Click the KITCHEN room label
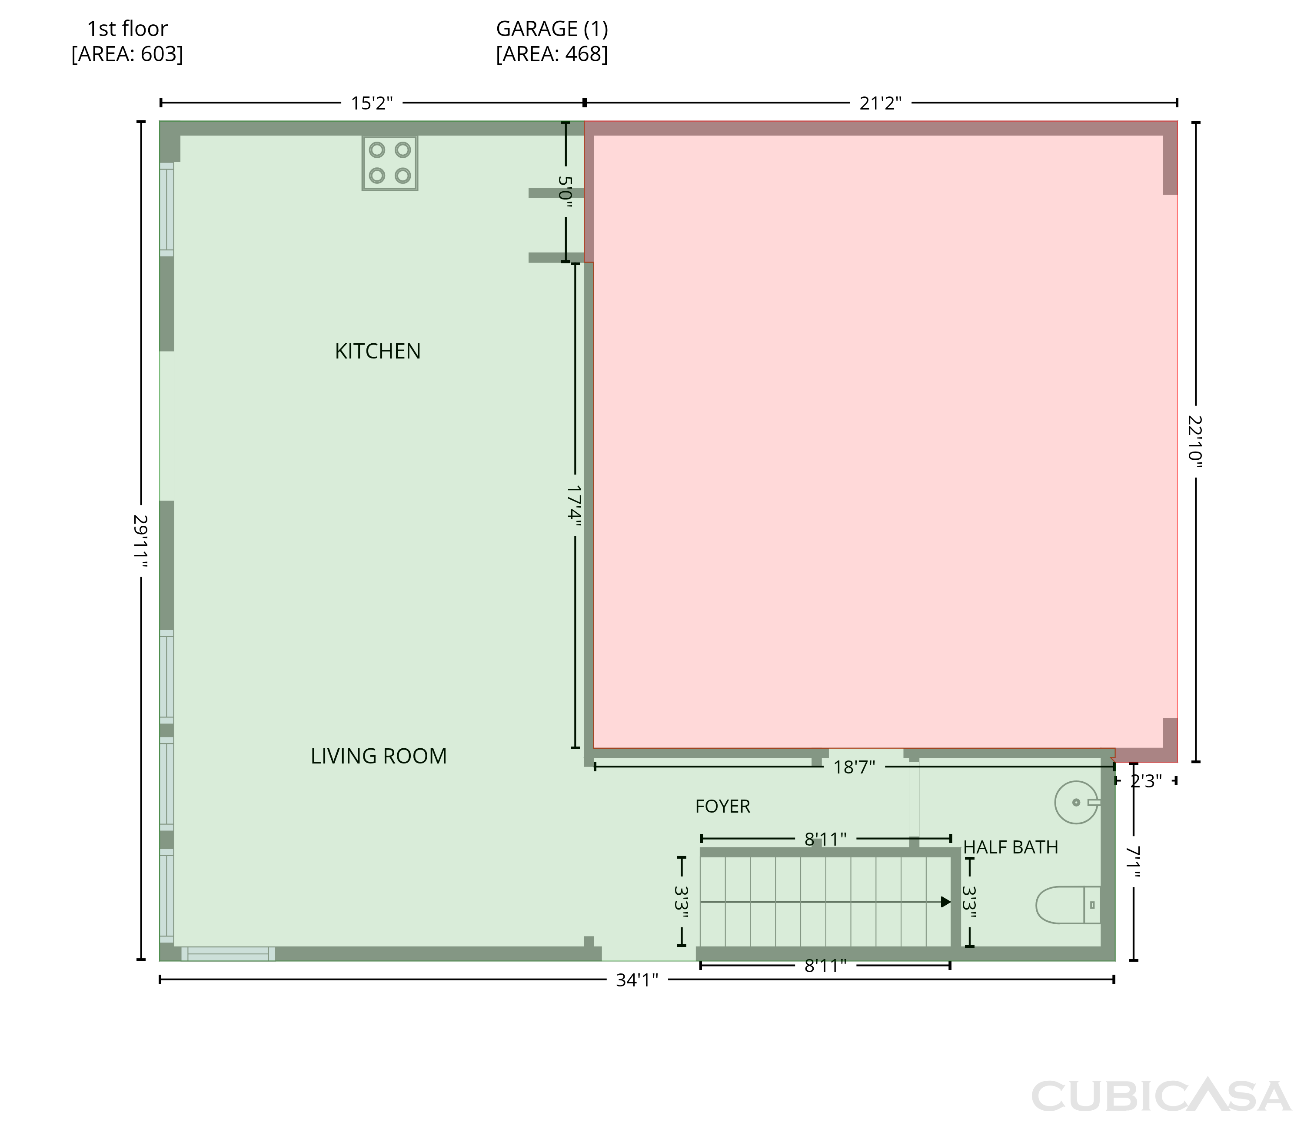coord(378,351)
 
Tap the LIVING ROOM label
coord(379,756)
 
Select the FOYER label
coord(722,806)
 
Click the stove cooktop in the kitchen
coord(389,163)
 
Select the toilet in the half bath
coord(1068,905)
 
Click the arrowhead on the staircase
coord(945,902)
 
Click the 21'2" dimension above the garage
coord(881,103)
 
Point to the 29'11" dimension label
coord(141,542)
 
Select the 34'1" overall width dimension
coord(637,980)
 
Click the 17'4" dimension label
coord(574,504)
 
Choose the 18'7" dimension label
coord(854,767)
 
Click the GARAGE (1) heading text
coord(552,29)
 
